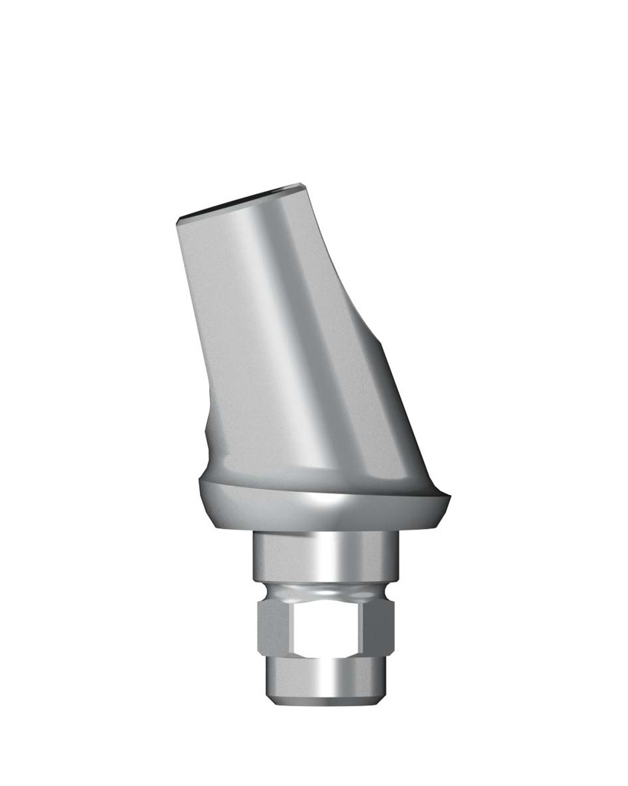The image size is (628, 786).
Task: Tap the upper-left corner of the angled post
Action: [179, 220]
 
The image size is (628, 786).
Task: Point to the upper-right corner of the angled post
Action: [302, 186]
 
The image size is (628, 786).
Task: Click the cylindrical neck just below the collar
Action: [326, 556]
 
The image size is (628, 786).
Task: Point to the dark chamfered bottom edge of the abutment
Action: [326, 701]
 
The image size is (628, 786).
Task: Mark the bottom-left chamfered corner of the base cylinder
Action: [271, 695]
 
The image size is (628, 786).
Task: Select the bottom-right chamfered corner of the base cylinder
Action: [381, 695]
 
